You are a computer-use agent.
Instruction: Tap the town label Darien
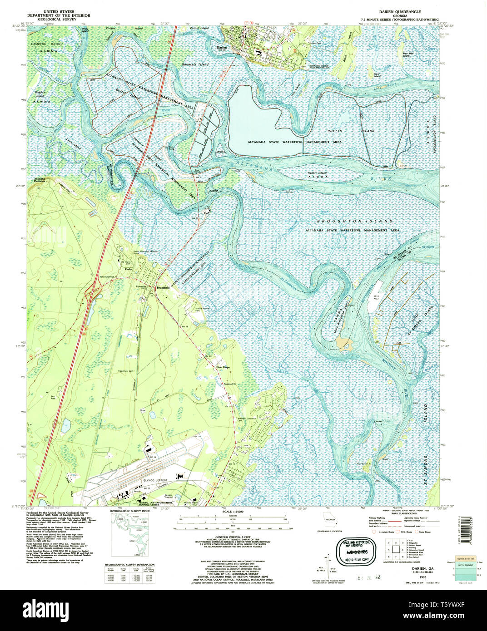[221, 47]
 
